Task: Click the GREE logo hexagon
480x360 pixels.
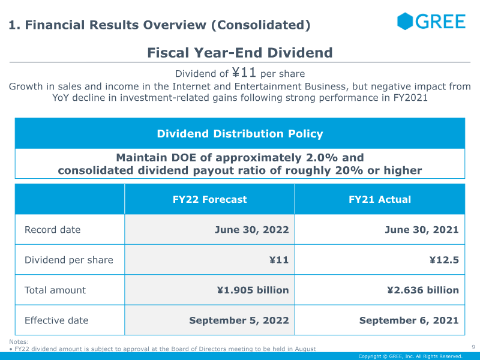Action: (405, 22)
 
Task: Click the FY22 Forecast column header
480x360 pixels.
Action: (209, 199)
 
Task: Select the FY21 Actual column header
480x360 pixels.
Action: (380, 199)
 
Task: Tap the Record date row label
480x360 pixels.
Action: (52, 230)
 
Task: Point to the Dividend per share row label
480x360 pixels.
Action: (69, 260)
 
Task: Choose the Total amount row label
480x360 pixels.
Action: (55, 290)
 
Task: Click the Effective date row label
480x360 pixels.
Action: (56, 320)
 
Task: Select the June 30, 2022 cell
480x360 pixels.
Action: (251, 230)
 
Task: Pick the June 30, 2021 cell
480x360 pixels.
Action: (422, 230)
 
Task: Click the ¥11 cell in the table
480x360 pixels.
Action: (279, 260)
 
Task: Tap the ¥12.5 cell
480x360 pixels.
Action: (444, 260)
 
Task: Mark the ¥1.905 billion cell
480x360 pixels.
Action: (253, 290)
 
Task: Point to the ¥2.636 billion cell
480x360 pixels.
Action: (423, 290)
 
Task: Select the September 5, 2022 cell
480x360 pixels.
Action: (239, 320)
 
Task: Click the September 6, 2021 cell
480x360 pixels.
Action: (409, 320)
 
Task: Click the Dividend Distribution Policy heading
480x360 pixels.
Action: (240, 134)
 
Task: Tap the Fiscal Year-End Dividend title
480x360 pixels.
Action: (240, 53)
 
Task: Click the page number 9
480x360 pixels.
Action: (473, 347)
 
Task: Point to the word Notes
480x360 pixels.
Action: (19, 341)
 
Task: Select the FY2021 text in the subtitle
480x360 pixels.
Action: (410, 98)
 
